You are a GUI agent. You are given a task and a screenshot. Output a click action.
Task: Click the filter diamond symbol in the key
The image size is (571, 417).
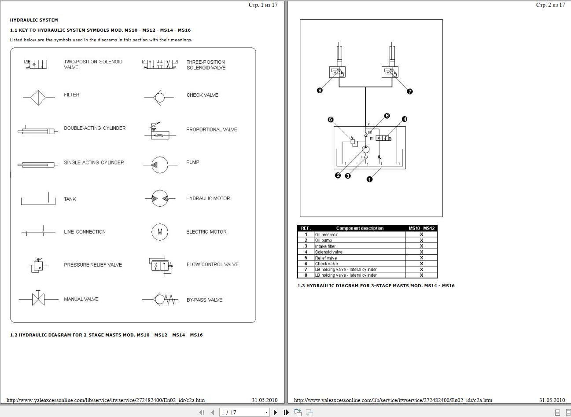point(38,97)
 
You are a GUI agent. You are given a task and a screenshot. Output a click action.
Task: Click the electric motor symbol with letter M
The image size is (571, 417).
point(160,232)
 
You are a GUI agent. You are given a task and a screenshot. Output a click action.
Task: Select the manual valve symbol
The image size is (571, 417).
point(38,299)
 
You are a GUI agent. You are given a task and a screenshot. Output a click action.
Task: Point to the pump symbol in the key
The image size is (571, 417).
point(159,165)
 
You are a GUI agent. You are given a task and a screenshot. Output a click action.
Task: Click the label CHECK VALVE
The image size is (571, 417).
point(202,95)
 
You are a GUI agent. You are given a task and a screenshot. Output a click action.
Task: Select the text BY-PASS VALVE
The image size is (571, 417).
point(204,300)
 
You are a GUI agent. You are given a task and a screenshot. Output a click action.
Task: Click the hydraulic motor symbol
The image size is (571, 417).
point(159,199)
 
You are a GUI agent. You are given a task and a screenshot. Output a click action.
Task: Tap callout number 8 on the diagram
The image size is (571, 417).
point(320,90)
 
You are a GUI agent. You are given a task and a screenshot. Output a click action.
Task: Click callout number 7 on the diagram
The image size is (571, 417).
point(410,91)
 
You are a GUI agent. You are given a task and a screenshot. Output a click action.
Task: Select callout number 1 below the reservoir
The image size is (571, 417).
point(369,179)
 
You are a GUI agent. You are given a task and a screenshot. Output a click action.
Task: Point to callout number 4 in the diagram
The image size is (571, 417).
point(405,119)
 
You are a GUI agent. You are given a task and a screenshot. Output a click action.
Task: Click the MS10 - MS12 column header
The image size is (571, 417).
point(421,228)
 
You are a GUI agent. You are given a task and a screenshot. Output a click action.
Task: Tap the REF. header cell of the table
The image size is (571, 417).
point(306,228)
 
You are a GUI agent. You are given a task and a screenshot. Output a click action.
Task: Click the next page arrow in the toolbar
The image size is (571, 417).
point(276,412)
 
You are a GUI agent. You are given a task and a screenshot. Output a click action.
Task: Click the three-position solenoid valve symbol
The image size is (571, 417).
point(160,65)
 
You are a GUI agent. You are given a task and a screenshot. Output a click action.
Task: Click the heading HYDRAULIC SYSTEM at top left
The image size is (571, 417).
point(34,20)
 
